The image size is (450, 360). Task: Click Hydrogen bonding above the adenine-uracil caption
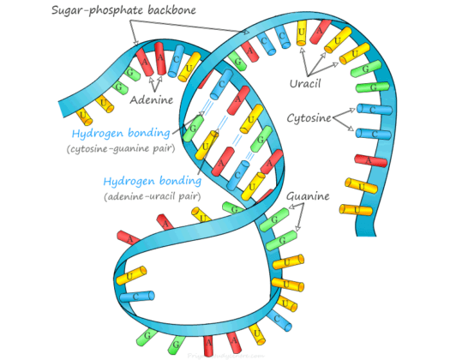(152, 181)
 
